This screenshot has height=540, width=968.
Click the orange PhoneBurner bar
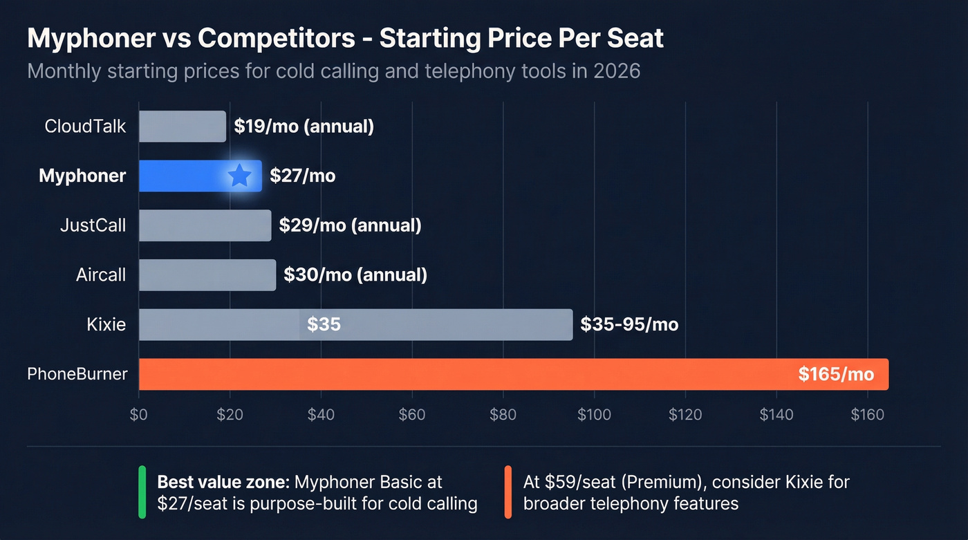tap(484, 374)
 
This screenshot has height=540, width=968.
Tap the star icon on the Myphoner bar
tap(239, 176)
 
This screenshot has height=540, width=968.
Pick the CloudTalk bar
tap(182, 127)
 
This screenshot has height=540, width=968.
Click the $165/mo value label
tap(835, 375)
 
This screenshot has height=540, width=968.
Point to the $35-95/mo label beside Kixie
tap(629, 325)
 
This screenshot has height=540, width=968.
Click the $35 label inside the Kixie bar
tap(324, 324)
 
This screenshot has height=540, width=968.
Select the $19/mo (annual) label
tap(304, 127)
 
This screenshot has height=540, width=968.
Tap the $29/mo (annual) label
tap(350, 225)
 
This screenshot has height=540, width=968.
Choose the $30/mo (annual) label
tap(355, 275)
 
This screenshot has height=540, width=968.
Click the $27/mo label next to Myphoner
tap(302, 176)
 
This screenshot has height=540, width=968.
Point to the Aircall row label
tap(101, 275)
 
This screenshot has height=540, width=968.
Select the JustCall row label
tap(93, 225)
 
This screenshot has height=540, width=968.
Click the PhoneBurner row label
tap(77, 374)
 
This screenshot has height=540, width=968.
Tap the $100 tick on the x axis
tap(593, 415)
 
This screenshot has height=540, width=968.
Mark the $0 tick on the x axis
tap(139, 415)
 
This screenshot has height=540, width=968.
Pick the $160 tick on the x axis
tap(867, 415)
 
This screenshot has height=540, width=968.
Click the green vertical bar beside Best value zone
tap(142, 492)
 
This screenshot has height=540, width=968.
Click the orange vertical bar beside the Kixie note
tap(508, 492)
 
